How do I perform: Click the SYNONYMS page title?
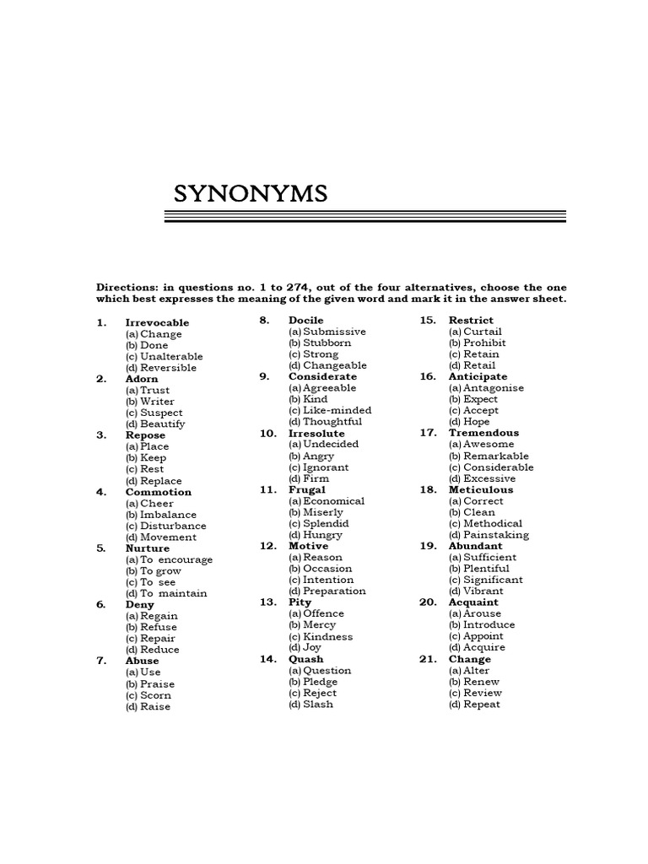tap(250, 194)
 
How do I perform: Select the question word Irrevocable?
tap(157, 322)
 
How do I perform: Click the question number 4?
tap(101, 492)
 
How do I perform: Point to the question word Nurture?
tap(148, 548)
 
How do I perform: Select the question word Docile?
tap(305, 321)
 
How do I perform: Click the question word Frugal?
tap(306, 489)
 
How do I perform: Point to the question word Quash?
tap(305, 659)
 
